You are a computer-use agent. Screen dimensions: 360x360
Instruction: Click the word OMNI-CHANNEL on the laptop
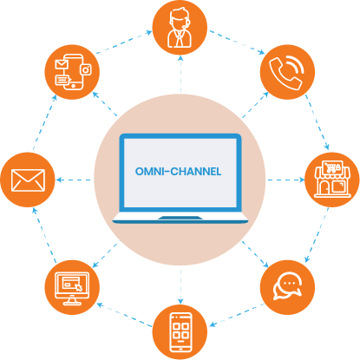(179, 171)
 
